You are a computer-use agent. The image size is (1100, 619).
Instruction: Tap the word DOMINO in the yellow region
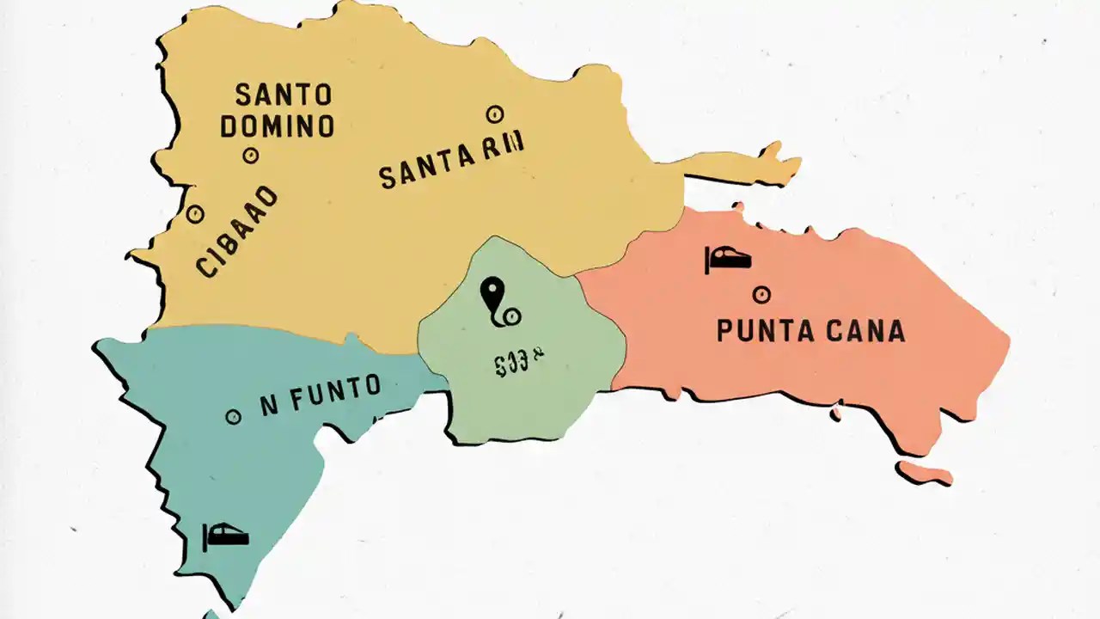pos(277,126)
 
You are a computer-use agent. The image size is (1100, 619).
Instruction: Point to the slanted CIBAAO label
pos(238,232)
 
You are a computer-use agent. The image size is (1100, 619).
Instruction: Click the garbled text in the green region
pos(519,365)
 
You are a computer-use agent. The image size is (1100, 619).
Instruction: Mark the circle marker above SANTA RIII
pos(494,113)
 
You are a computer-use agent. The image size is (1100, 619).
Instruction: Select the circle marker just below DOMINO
pos(251,156)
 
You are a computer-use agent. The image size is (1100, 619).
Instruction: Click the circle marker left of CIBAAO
pos(195,214)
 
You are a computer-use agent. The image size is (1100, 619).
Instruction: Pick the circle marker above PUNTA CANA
pos(761,295)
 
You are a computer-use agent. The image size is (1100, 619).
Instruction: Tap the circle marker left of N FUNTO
pos(233,417)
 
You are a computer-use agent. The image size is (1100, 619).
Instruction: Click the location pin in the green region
pos(491,294)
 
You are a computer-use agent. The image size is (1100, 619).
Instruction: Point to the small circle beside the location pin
pos(512,317)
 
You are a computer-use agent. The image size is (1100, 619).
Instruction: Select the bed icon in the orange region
pos(728,257)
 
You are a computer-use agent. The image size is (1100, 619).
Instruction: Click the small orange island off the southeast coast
pos(925,472)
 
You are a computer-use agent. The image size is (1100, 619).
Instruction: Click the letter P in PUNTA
pos(725,331)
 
